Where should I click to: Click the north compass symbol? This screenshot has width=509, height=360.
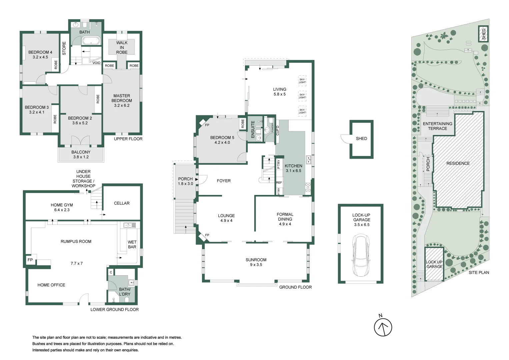point(383,327)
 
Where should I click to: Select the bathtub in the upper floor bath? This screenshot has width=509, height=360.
point(91,41)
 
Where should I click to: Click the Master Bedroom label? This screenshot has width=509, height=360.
point(122,98)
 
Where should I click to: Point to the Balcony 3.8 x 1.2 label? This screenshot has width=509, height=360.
point(81,154)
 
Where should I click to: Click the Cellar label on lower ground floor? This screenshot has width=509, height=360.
point(122,203)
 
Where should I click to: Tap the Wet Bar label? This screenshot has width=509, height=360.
point(132,244)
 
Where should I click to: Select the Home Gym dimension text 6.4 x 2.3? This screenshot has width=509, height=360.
point(62,210)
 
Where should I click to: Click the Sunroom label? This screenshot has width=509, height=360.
point(256,260)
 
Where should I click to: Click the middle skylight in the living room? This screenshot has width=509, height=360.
point(302,96)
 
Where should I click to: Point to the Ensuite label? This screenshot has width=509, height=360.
point(253,129)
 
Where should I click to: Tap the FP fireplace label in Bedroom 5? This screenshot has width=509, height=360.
point(207,125)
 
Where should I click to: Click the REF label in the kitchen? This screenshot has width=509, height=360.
point(279,183)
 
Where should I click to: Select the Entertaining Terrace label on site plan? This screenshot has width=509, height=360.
point(437,126)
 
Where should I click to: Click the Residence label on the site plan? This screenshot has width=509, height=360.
point(458,163)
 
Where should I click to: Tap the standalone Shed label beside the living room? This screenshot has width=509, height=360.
point(361,138)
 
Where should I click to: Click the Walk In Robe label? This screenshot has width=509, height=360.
point(122,47)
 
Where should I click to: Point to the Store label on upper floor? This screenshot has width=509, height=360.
point(64,48)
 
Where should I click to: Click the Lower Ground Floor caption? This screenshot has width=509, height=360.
point(114,309)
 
